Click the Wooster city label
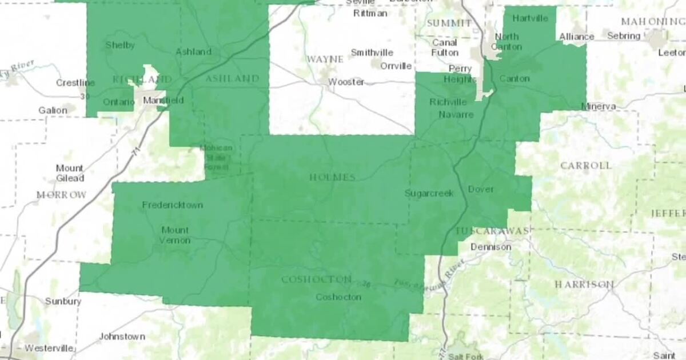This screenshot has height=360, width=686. tap(346, 82)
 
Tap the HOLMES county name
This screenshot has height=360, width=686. tap(332, 177)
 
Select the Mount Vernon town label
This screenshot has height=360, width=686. tap(174, 235)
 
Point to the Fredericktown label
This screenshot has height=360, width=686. tap(172, 205)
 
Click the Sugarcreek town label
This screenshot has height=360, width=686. tap(429, 193)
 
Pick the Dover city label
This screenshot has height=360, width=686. tap(480, 189)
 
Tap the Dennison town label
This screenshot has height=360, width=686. tap(490, 247)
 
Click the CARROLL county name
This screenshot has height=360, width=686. tap(585, 165)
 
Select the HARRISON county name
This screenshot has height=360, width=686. tap(584, 284)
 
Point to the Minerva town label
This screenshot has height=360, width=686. tap(599, 106)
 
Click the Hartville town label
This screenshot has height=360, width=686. tap(530, 18)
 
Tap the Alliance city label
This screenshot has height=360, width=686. tap(576, 37)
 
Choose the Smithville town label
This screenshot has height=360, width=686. tap(372, 53)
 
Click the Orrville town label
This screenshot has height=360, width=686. tap(396, 66)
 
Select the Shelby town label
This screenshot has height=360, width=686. tap(120, 45)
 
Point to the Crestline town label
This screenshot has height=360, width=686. tap(75, 83)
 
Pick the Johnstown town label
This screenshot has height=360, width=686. tap(122, 337)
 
